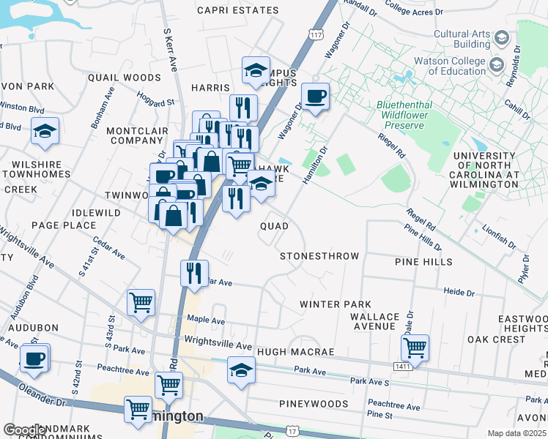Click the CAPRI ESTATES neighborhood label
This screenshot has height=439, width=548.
238,10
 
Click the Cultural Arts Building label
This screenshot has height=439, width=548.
461,39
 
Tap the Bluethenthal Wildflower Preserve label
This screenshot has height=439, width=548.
410,115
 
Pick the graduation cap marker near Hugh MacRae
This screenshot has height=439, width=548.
240,369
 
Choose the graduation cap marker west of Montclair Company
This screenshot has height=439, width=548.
45,130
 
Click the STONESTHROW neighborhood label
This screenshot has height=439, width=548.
319,256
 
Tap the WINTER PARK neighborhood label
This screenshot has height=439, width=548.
335,304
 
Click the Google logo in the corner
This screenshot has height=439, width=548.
25,430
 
